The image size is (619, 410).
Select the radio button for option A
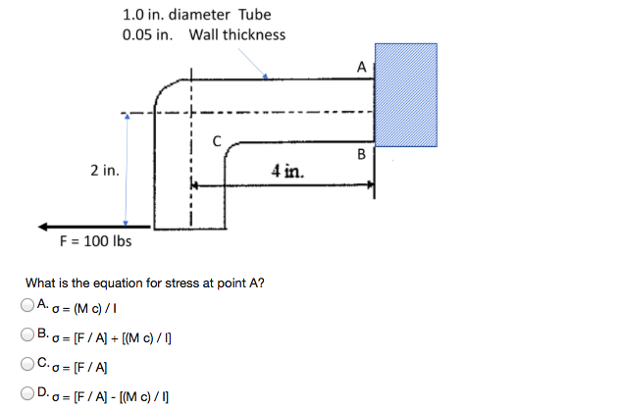click(x=27, y=305)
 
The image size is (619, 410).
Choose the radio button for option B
click(x=27, y=334)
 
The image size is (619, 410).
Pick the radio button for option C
click(x=27, y=364)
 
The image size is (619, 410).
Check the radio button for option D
click(x=27, y=393)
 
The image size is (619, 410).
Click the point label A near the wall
click(x=361, y=67)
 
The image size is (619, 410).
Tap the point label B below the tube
click(x=361, y=154)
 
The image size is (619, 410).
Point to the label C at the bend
click(x=217, y=141)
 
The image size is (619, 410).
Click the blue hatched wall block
click(x=406, y=95)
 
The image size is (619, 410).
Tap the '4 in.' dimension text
click(x=287, y=172)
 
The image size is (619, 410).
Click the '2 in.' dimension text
click(x=105, y=171)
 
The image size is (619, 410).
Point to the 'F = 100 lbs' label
click(x=95, y=241)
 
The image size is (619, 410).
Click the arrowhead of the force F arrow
click(x=42, y=227)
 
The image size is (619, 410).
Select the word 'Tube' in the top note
click(x=255, y=15)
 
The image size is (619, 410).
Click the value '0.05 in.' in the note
click(x=148, y=34)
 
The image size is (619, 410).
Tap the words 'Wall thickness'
click(x=236, y=34)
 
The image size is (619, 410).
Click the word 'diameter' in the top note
click(x=199, y=15)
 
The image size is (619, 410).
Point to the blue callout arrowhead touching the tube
click(x=265, y=77)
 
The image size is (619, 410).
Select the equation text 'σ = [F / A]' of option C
click(x=79, y=368)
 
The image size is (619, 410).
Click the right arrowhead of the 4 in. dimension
click(x=371, y=184)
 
